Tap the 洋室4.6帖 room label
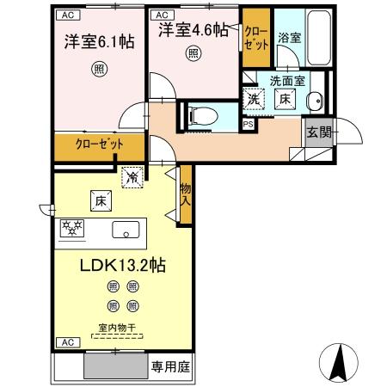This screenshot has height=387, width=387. [x=193, y=30]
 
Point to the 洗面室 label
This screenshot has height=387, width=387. [x=286, y=81]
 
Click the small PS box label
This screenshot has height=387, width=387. [x=248, y=124]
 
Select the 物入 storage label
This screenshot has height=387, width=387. [x=184, y=193]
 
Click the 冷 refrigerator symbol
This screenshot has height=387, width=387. [x=132, y=177]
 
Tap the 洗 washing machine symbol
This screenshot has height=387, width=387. [x=254, y=100]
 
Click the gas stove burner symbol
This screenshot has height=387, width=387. [x=72, y=229]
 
